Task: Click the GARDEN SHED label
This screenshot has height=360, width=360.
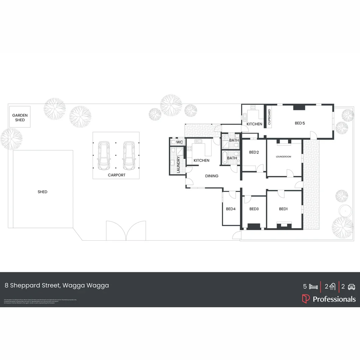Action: tap(20, 118)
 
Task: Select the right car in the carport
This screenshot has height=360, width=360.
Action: tap(129, 155)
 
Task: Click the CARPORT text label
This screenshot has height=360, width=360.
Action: tap(116, 175)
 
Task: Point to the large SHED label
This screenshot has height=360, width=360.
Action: tap(42, 192)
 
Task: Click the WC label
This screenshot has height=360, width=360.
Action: tap(179, 142)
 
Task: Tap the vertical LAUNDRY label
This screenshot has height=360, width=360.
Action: tap(178, 164)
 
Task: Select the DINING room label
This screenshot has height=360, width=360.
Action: tap(212, 176)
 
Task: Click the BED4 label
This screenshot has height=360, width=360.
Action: tap(231, 209)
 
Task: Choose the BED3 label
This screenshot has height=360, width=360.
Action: tap(254, 209)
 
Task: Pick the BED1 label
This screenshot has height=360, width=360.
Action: tap(283, 209)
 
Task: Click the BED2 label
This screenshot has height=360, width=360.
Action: tap(254, 152)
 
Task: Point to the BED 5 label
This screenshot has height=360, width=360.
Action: tap(300, 123)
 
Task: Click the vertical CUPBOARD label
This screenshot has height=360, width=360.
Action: tap(269, 117)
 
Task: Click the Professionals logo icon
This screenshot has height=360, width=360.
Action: tap(306, 299)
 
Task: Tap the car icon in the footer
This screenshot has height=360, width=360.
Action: tap(351, 286)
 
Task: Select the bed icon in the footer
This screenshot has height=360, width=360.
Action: tap(313, 286)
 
